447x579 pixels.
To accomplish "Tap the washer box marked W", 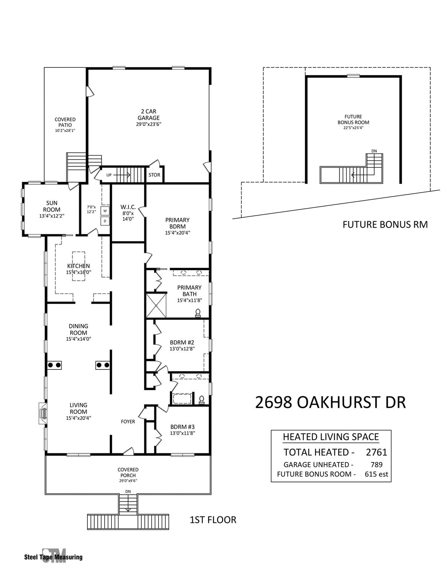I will tap(105, 211).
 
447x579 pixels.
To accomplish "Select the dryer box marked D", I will tap(105, 221).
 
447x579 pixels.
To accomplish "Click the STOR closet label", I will tap(154, 175).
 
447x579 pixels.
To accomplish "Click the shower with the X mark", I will tap(156, 305).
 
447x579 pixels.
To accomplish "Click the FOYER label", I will tap(128, 421).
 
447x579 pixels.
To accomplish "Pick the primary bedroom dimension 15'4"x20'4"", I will tap(177, 233).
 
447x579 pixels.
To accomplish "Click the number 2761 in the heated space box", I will tap(376, 452).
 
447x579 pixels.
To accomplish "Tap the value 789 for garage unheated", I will tap(376, 465).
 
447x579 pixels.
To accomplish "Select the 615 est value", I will tap(376, 474).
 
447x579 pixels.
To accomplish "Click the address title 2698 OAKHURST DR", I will tap(330, 403).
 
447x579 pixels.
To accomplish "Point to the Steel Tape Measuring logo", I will tap(53, 557).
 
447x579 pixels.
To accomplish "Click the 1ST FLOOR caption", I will tap(213, 520).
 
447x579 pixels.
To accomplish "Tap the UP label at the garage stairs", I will tap(109, 175).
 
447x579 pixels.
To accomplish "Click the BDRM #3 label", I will tap(182, 427).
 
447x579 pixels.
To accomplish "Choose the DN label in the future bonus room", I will tap(374, 151).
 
